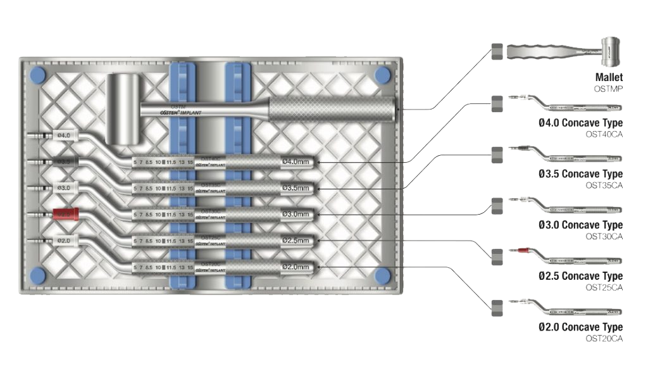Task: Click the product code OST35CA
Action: [x=604, y=185]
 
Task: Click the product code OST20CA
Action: [x=604, y=339]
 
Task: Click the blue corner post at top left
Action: [x=37, y=75]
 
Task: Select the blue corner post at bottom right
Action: [x=382, y=275]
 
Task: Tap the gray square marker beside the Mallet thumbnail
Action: [x=497, y=51]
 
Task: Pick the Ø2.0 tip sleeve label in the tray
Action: [x=65, y=241]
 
